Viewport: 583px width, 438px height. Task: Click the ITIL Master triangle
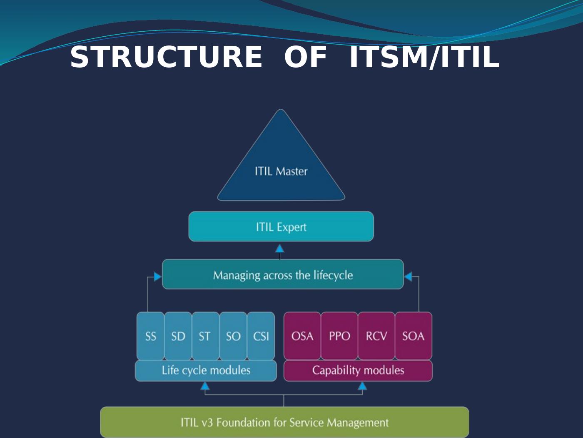pos(281,167)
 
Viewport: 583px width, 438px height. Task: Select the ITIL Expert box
pos(281,227)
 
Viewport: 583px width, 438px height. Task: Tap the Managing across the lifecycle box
pos(283,274)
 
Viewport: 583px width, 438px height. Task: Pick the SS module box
pos(150,336)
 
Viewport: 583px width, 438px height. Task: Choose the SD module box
pos(178,336)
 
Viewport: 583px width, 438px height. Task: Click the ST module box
pos(205,336)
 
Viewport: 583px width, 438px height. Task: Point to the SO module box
pos(233,336)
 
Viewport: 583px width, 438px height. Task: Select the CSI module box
pos(261,336)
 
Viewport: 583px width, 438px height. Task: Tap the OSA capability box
pos(302,336)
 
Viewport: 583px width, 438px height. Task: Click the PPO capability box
pos(339,336)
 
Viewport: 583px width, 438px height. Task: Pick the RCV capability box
pos(376,336)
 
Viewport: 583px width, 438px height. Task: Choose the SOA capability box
pos(413,336)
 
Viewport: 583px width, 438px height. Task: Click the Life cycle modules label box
pos(206,370)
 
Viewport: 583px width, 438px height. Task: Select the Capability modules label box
pos(358,370)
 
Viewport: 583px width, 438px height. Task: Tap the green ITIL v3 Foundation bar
pos(284,422)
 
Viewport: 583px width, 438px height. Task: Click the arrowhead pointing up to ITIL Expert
pos(280,249)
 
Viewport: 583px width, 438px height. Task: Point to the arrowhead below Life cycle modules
pos(205,387)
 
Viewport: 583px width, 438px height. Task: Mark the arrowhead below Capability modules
pos(362,387)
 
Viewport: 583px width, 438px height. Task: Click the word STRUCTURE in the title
pos(166,57)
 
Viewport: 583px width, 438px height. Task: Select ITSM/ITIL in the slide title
pos(424,57)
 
